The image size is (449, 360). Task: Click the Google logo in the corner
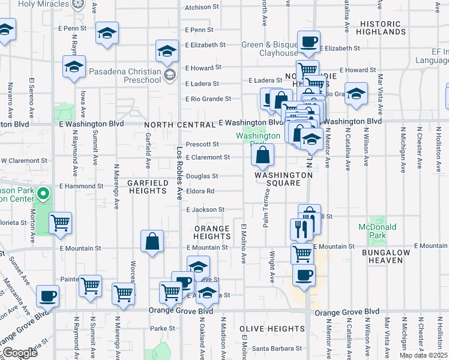pyautogui.click(x=20, y=353)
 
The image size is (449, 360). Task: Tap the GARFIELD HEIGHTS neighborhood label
pyautogui.click(x=146, y=186)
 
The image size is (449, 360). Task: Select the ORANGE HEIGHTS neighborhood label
pyautogui.click(x=211, y=233)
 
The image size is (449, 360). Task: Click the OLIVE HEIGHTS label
pyautogui.click(x=272, y=329)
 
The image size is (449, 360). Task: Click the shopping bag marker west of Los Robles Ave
pyautogui.click(x=152, y=242)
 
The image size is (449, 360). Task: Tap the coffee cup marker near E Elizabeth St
pyautogui.click(x=309, y=42)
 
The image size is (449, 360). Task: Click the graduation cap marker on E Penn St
pyautogui.click(x=107, y=34)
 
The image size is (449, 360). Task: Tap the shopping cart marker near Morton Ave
pyautogui.click(x=60, y=223)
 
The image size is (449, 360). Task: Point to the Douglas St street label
pyautogui.click(x=202, y=176)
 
